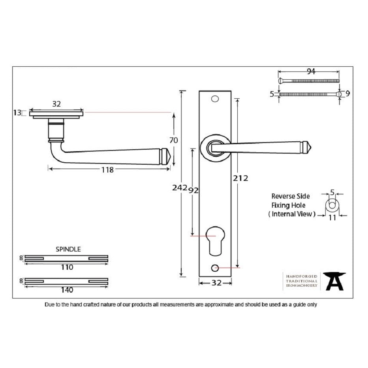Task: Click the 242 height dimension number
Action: [x=180, y=188]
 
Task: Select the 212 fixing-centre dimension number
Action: [x=240, y=178]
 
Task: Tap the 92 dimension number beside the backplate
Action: [x=193, y=190]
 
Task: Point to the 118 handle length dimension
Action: [x=107, y=170]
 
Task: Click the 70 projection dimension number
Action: [x=174, y=140]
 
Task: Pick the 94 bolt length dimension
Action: [x=311, y=71]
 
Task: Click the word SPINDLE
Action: [x=68, y=249]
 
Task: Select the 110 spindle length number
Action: [x=67, y=267]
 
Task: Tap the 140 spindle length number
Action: [x=67, y=290]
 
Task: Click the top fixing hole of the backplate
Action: [x=215, y=99]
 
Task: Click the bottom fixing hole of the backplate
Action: [x=215, y=268]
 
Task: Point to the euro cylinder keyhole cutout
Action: [x=215, y=240]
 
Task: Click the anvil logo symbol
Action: [x=334, y=281]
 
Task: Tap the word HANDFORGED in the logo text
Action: [x=302, y=276]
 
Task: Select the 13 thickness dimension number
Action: [x=17, y=113]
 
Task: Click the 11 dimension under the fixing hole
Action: [x=332, y=218]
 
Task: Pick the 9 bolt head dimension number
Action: [x=348, y=94]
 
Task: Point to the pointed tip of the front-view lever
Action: [x=311, y=148]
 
